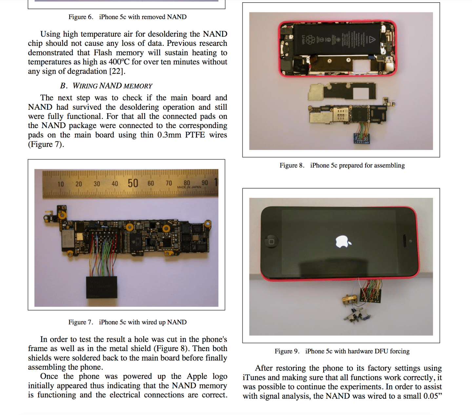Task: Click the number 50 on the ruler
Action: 133,183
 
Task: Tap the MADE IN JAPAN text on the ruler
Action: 189,187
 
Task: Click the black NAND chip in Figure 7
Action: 102,287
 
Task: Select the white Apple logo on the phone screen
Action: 343,242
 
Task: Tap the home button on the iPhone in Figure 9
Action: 271,242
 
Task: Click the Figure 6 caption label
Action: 81,17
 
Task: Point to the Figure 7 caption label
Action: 81,322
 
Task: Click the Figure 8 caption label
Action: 292,165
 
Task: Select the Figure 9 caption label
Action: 287,351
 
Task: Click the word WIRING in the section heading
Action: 85,86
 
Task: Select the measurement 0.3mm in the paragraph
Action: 169,135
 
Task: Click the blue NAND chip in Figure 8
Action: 362,139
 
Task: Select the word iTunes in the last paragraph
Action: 254,378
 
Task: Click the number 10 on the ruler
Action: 61,184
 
